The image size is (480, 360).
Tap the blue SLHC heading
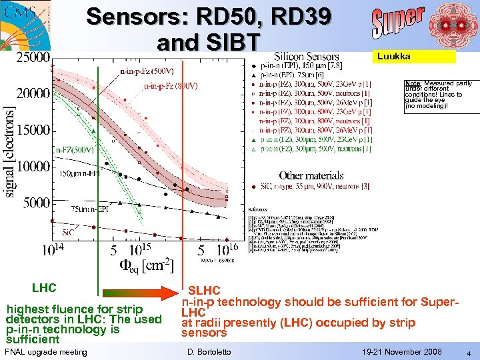pyautogui.click(x=204, y=291)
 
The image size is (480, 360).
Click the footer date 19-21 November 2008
pyautogui.click(x=402, y=351)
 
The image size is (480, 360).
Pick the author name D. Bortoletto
pyautogui.click(x=209, y=351)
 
